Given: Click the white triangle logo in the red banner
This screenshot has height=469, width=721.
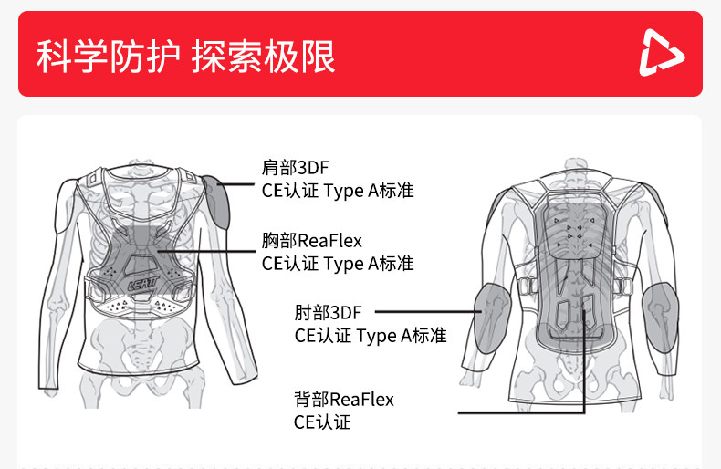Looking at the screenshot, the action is pyautogui.click(x=661, y=53).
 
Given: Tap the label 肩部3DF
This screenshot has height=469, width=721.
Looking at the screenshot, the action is pyautogui.click(x=295, y=168).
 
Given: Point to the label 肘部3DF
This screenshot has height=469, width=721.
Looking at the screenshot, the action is pyautogui.click(x=328, y=312).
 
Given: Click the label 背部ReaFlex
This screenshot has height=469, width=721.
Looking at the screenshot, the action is pyautogui.click(x=343, y=400).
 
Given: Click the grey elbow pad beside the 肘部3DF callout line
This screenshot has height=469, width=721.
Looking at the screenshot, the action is pyautogui.click(x=489, y=320).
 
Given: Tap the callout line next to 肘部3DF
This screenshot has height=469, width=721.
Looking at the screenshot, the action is pyautogui.click(x=420, y=310).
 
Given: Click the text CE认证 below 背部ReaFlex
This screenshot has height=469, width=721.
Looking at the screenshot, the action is pyautogui.click(x=322, y=422).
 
